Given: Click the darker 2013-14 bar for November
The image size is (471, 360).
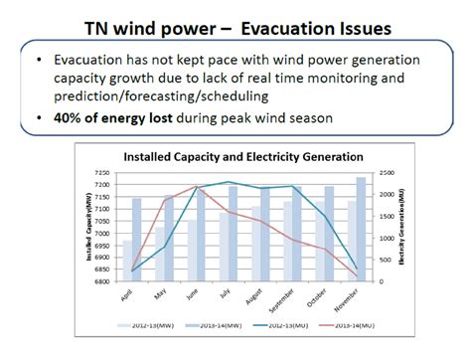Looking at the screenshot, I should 362,229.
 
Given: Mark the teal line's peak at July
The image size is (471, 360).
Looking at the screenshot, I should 231,182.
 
